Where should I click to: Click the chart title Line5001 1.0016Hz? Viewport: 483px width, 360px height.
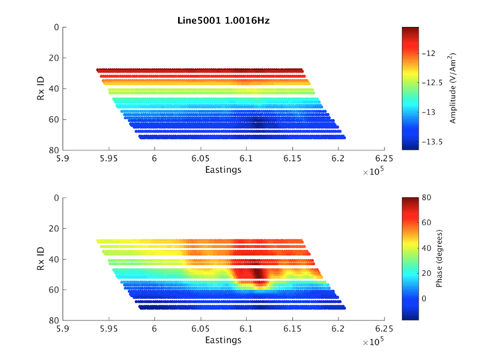click(217, 19)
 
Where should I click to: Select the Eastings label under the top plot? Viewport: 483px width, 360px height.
click(223, 170)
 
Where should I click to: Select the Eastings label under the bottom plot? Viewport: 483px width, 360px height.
click(223, 341)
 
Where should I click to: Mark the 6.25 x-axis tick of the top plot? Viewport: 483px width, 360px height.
click(384, 159)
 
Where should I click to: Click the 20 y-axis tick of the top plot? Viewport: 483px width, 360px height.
click(52, 58)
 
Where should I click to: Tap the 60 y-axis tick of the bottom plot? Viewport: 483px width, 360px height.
click(52, 290)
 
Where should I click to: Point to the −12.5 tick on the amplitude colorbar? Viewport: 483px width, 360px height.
click(434, 83)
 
